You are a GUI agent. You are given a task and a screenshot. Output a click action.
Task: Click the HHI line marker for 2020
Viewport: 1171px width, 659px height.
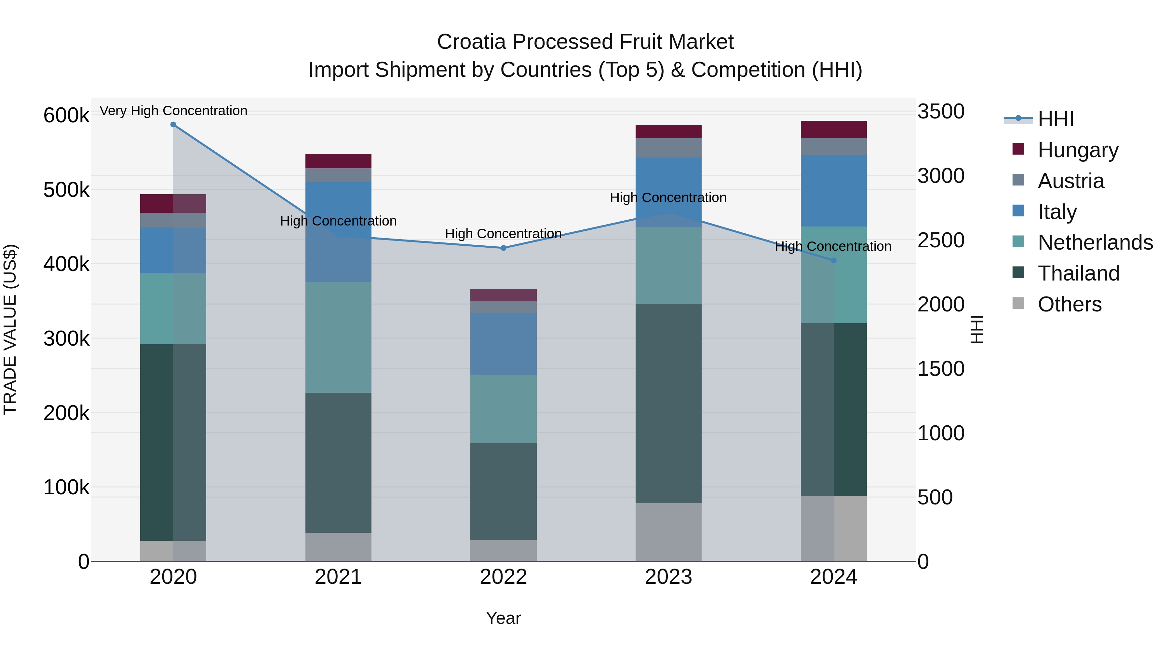(x=173, y=125)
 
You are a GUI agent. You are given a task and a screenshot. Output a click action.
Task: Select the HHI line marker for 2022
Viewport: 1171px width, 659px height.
(x=503, y=248)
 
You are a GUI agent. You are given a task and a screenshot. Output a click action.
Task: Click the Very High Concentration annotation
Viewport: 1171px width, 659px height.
(x=173, y=111)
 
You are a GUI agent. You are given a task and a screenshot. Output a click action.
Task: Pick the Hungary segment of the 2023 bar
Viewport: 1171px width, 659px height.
(x=668, y=131)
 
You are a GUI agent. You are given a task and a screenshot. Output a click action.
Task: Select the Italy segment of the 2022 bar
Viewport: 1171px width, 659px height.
(x=503, y=344)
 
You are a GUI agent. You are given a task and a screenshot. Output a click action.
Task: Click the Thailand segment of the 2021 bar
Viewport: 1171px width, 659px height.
(x=338, y=462)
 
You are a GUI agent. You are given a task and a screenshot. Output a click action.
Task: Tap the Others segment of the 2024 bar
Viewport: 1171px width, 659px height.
(x=833, y=529)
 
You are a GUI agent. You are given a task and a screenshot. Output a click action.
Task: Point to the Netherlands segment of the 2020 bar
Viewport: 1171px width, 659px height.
(x=173, y=309)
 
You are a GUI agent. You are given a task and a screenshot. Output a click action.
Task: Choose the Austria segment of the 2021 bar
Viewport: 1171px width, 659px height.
(x=338, y=175)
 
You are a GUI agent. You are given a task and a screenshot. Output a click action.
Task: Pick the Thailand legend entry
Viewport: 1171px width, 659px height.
(x=1078, y=273)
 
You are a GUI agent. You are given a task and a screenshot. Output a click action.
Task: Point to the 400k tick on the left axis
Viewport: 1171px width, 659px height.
(x=66, y=264)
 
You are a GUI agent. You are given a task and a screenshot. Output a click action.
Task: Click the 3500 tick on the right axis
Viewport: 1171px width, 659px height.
(x=940, y=111)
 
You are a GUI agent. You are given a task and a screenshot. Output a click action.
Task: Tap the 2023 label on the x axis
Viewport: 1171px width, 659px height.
(x=668, y=577)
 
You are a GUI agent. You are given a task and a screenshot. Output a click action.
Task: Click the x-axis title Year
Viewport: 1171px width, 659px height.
(x=503, y=618)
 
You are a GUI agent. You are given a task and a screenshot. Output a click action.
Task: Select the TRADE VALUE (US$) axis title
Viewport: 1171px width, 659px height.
(x=10, y=329)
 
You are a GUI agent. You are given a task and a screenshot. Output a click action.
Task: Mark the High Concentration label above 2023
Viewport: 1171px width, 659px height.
(x=668, y=198)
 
